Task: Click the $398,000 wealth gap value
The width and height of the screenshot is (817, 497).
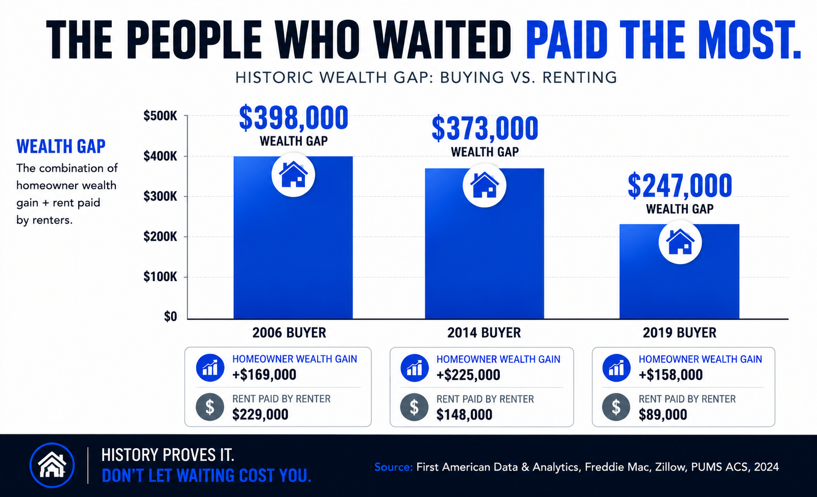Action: pyautogui.click(x=294, y=118)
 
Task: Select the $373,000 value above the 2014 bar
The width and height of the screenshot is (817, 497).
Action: pyautogui.click(x=485, y=129)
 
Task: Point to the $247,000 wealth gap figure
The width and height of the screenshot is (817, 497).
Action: pyautogui.click(x=680, y=185)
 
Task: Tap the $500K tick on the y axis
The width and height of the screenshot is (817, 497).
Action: pyautogui.click(x=160, y=116)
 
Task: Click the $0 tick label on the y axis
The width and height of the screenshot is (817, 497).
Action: pyautogui.click(x=170, y=317)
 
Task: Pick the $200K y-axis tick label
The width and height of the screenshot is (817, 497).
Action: pyautogui.click(x=160, y=237)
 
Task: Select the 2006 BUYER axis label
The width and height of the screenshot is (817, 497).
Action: pyautogui.click(x=289, y=333)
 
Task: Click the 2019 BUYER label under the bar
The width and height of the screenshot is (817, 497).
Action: pyautogui.click(x=679, y=333)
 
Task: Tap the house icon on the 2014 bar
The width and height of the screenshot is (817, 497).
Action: pyautogui.click(x=484, y=185)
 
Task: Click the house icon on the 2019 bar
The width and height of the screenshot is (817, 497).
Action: pyautogui.click(x=680, y=242)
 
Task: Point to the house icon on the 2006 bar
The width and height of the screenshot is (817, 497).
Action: pyautogui.click(x=293, y=175)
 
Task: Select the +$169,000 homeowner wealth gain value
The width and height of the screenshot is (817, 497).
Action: pyautogui.click(x=264, y=375)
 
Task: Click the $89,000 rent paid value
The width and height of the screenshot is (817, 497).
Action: pyautogui.click(x=663, y=415)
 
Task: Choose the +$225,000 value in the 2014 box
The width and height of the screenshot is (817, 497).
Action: pyautogui.click(x=468, y=375)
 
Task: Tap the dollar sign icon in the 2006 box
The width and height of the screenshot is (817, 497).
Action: pyautogui.click(x=210, y=407)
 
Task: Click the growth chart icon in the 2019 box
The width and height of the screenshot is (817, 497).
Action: pyautogui.click(x=616, y=368)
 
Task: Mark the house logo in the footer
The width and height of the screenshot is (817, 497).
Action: pyautogui.click(x=52, y=465)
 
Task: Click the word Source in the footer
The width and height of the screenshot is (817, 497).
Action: pyautogui.click(x=394, y=467)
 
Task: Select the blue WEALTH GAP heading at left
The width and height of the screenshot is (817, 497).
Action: pyautogui.click(x=61, y=147)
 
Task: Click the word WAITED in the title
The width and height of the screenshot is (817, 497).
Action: pyautogui.click(x=443, y=40)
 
